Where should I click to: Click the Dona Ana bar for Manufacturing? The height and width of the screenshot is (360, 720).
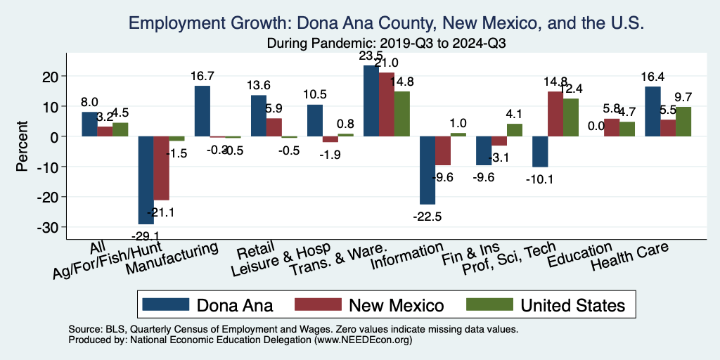pyautogui.click(x=202, y=111)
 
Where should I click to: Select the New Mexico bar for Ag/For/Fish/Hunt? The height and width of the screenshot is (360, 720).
pyautogui.click(x=161, y=169)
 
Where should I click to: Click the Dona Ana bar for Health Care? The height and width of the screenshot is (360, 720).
pyautogui.click(x=652, y=112)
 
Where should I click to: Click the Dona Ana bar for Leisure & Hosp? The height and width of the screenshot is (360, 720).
pyautogui.click(x=315, y=120)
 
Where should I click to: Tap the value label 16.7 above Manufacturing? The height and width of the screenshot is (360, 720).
pyautogui.click(x=202, y=75)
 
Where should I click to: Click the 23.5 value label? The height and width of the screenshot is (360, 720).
pyautogui.click(x=371, y=56)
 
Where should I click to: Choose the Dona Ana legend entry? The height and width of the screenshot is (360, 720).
pyautogui.click(x=207, y=304)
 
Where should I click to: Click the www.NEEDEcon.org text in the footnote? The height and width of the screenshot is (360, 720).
pyautogui.click(x=366, y=340)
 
